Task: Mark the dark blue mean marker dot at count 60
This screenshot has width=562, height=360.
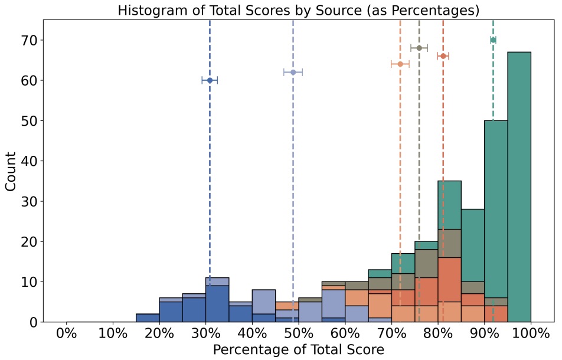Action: [x=210, y=80]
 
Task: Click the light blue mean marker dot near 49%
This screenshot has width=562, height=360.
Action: [x=293, y=72]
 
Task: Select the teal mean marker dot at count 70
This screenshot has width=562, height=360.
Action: [x=493, y=40]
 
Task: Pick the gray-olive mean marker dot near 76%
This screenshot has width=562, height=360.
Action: [x=419, y=48]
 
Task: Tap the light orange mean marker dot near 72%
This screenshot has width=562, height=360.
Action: [x=400, y=64]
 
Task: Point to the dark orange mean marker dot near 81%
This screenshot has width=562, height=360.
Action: [x=443, y=56]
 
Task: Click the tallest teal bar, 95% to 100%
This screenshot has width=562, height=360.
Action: [x=519, y=177]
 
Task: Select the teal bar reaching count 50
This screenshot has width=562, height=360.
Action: [x=496, y=207]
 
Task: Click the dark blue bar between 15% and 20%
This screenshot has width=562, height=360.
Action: [x=148, y=318]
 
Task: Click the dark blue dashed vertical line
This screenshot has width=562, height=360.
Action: [x=210, y=177]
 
